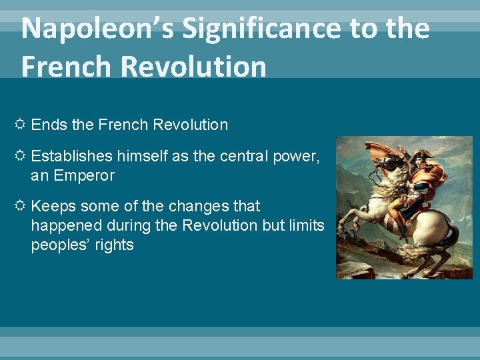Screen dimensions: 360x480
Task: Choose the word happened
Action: pos(62,225)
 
